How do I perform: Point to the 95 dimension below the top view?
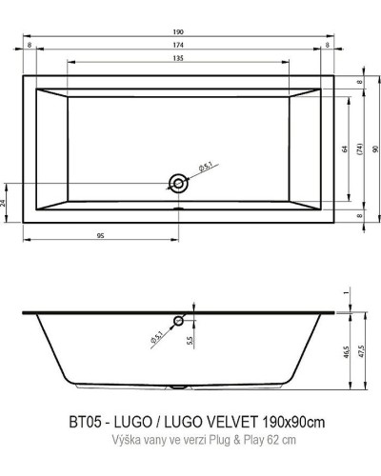(x=100, y=233)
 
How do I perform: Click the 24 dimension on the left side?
(x=6, y=203)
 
